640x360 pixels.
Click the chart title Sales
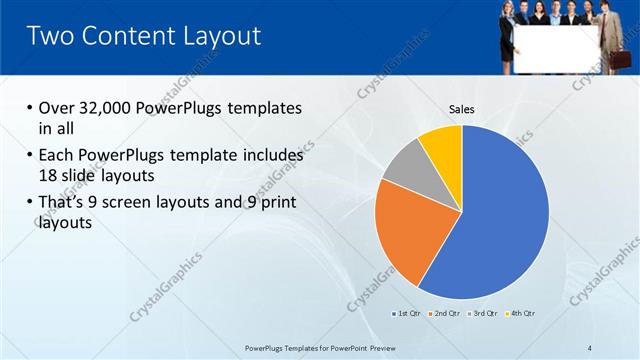pyautogui.click(x=461, y=109)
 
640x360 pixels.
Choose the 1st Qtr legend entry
pyautogui.click(x=405, y=314)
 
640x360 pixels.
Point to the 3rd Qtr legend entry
pyautogui.click(x=482, y=314)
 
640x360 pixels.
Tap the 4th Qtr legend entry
pyautogui.click(x=521, y=314)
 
